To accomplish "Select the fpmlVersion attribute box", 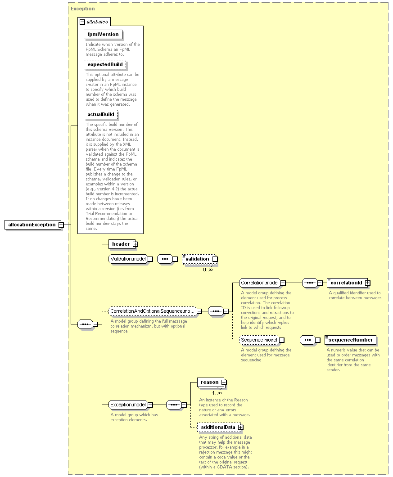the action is click(103, 34).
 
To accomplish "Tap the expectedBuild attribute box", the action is click(105, 64).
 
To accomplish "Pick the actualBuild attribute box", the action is click(100, 114).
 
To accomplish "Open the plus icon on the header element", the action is click(135, 244).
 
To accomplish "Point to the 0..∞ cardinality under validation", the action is click(208, 270).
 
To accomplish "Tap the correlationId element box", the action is click(348, 283).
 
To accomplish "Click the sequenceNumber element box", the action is click(350, 340).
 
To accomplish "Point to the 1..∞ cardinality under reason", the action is click(217, 393).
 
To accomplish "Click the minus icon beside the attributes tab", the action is click(82, 22).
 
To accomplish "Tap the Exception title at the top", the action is click(83, 9).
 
